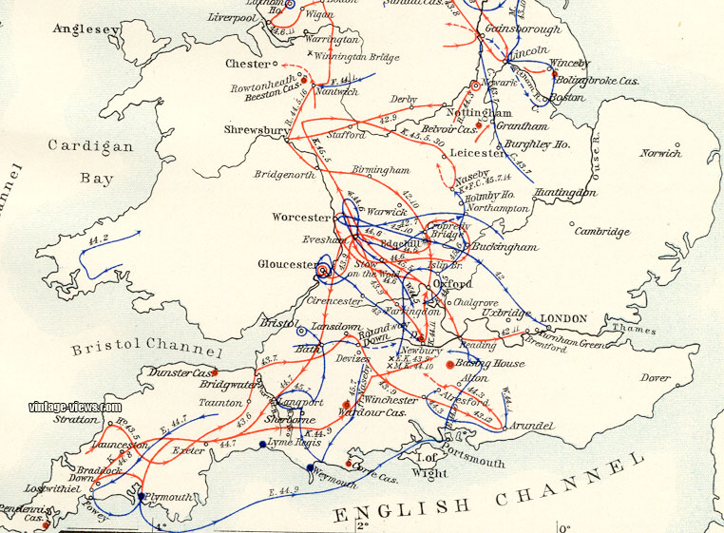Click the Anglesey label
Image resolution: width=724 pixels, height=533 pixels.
pos(86,29)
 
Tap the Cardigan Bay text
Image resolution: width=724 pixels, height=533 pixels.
pos(91,162)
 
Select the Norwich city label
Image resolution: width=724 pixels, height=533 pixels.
pos(659,153)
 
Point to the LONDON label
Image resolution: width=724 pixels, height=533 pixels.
pos(565,317)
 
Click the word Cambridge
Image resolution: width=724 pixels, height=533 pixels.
pos(601,231)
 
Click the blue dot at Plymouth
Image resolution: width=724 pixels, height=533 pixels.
pos(141,496)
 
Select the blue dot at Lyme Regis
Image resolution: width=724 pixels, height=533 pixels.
pos(263,444)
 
